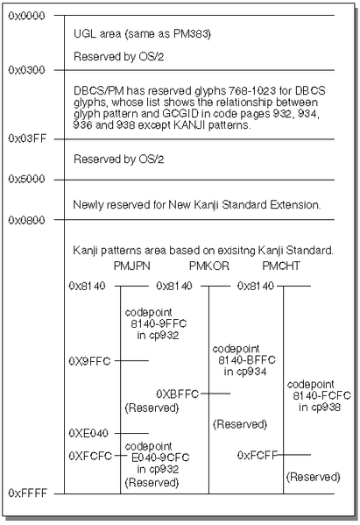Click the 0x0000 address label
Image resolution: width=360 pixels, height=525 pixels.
(x=26, y=16)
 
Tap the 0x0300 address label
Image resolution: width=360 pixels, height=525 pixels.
(x=26, y=70)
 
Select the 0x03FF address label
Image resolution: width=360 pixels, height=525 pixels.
(x=27, y=138)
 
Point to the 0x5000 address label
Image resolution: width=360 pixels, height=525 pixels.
(x=26, y=179)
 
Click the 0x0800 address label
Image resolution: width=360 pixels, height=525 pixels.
(x=26, y=220)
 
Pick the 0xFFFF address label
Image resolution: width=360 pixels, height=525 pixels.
(x=28, y=493)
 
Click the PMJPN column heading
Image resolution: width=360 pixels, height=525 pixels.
(x=131, y=266)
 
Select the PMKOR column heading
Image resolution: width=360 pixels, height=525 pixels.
(x=209, y=266)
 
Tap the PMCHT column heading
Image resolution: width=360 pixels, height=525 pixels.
(x=281, y=266)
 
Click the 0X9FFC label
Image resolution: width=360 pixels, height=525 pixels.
(x=89, y=361)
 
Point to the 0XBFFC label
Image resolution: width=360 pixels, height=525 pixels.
(x=178, y=394)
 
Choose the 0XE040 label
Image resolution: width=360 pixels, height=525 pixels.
(x=88, y=433)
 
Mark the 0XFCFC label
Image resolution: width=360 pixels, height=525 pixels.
(x=90, y=456)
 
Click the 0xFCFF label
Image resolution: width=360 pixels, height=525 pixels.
(x=258, y=455)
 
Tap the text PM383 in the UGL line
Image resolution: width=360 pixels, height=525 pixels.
(x=191, y=34)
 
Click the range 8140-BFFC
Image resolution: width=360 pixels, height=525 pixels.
(x=247, y=360)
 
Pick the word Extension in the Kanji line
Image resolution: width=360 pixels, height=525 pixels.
(x=294, y=204)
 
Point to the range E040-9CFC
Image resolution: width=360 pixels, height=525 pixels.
(x=160, y=458)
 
